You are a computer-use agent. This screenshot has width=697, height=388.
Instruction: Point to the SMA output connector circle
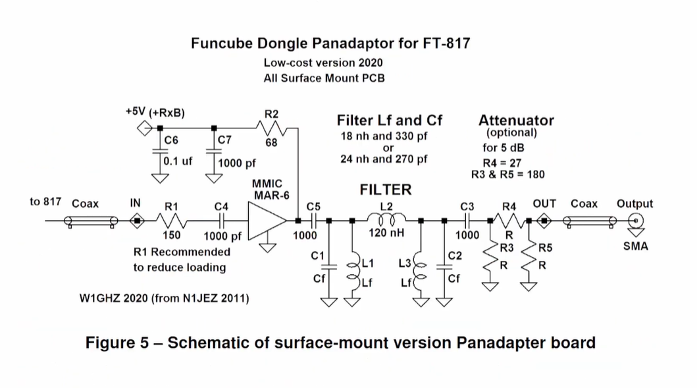coord(636,221)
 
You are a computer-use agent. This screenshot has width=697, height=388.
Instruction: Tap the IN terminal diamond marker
coord(137,221)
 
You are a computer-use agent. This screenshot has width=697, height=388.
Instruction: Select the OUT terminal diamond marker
coord(544,221)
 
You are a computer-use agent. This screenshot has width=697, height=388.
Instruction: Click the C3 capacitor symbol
coord(467,221)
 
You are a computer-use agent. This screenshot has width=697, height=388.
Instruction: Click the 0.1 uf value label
coord(178,160)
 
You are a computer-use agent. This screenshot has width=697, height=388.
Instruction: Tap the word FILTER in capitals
coord(386,190)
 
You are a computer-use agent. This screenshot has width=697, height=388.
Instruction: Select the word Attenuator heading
coord(516,121)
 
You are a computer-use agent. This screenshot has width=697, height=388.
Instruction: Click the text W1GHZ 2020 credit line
coord(164,298)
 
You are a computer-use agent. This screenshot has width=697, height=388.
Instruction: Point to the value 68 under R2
coord(271,143)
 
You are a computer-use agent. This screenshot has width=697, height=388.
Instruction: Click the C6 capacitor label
coord(170,140)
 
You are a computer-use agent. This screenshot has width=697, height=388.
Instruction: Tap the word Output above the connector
coord(634,204)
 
